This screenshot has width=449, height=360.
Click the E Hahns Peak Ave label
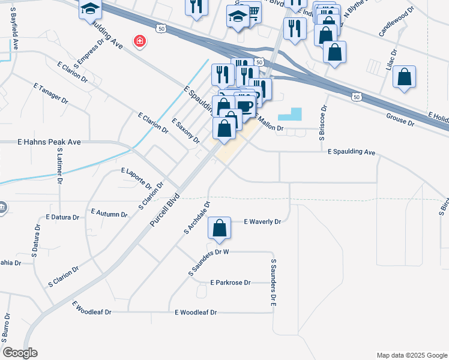(49, 142)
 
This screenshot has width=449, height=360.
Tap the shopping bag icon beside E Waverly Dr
(220, 228)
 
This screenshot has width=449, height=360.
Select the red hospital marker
(140, 41)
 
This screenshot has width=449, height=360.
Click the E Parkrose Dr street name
(231, 282)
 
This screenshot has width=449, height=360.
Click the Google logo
(20, 353)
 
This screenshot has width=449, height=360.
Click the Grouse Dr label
(400, 119)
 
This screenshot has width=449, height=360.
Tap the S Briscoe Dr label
(322, 123)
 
